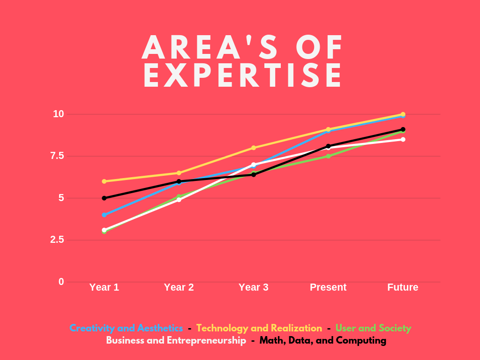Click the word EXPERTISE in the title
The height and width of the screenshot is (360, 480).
point(243,76)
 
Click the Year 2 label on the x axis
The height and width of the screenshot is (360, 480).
point(179,287)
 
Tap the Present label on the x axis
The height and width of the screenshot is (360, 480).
point(328,287)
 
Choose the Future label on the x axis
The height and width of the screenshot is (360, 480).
point(403,287)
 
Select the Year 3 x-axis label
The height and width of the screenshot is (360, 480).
point(254,287)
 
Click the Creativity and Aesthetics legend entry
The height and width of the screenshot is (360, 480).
point(126,328)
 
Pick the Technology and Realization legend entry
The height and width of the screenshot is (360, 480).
point(259,328)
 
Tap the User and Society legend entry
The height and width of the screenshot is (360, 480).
point(373,328)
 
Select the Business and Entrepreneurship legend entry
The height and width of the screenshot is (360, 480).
point(176,341)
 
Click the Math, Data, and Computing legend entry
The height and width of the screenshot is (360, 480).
point(323,341)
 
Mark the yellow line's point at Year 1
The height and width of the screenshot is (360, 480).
point(104,181)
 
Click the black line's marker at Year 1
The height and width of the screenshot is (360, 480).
point(104,198)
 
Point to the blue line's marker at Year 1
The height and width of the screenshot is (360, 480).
point(104,215)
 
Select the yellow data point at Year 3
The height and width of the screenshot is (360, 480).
point(254,148)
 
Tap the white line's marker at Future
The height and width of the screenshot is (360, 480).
point(403,139)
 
